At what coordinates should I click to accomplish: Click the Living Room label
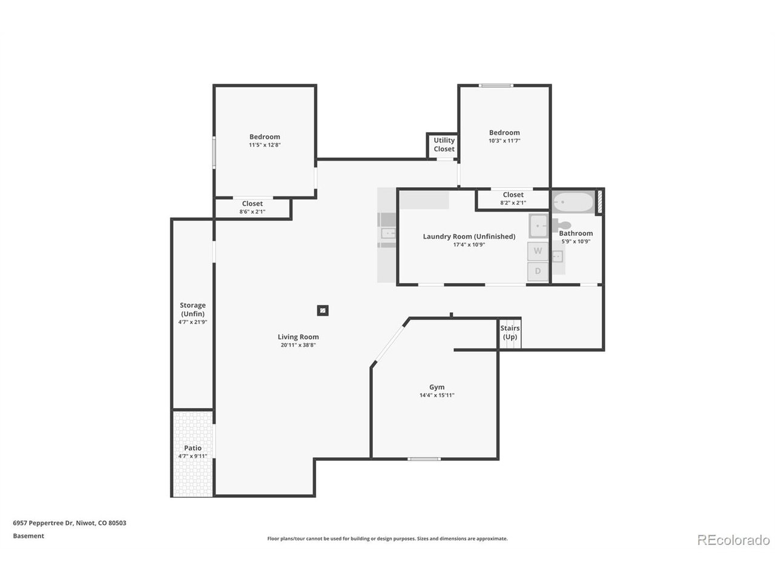click(x=298, y=337)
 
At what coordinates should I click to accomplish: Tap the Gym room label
click(x=437, y=387)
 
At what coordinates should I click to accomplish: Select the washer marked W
click(x=538, y=251)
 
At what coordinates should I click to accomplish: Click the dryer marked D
click(x=538, y=272)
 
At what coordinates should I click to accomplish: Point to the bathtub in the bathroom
click(x=573, y=202)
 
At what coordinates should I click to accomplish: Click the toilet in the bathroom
click(x=561, y=226)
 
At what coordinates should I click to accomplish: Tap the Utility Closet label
click(x=444, y=145)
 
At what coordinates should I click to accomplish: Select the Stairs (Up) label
click(x=510, y=332)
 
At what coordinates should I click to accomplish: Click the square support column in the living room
click(x=323, y=311)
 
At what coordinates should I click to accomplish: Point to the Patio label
click(x=193, y=448)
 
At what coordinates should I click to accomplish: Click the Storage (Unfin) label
click(x=193, y=309)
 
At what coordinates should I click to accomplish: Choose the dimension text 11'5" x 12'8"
click(x=265, y=145)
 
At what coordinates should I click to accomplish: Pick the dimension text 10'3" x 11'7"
click(x=504, y=141)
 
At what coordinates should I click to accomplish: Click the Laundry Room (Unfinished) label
click(x=469, y=236)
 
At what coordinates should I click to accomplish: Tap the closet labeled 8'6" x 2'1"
click(x=252, y=207)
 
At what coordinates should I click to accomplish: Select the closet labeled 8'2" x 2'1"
click(x=513, y=198)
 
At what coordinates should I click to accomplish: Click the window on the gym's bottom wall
click(x=424, y=459)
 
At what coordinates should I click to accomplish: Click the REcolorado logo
click(x=733, y=540)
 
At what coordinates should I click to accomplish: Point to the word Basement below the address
click(x=28, y=536)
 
